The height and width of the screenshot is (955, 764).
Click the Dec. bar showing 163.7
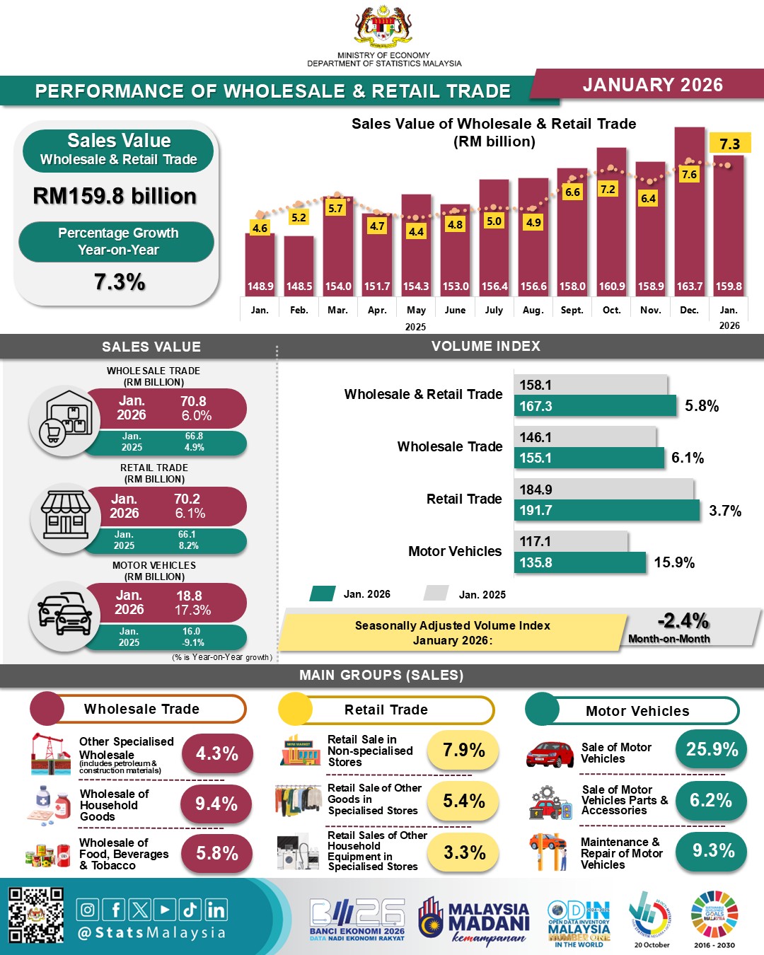(x=689, y=212)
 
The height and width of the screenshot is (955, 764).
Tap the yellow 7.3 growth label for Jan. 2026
(x=729, y=144)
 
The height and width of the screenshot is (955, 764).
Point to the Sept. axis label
(x=572, y=310)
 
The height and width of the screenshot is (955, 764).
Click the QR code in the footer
(x=36, y=915)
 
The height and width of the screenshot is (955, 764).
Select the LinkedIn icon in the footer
(x=216, y=910)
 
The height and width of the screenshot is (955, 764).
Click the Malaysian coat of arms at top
(x=383, y=27)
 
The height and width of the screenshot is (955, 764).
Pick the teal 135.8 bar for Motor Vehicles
(x=580, y=563)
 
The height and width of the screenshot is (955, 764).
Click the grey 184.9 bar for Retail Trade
(x=603, y=490)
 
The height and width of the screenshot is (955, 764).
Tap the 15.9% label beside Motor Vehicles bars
(x=674, y=563)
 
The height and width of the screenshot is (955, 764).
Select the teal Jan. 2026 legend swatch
(x=323, y=594)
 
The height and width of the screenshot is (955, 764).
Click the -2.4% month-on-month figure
(x=683, y=621)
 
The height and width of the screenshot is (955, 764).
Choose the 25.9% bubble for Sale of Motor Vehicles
(x=712, y=750)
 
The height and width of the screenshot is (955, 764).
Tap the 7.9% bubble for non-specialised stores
(x=463, y=751)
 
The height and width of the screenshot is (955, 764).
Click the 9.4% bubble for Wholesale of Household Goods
(x=216, y=804)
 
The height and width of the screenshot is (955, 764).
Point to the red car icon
(x=550, y=754)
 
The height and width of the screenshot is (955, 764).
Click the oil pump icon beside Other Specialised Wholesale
(x=51, y=754)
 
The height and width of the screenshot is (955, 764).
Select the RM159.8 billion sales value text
(x=115, y=196)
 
